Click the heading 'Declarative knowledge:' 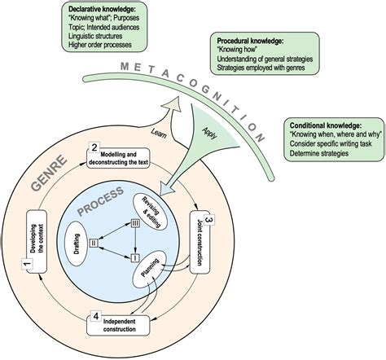click(x=102, y=9)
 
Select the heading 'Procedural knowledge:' click(x=250, y=41)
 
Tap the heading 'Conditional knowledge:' click(x=326, y=125)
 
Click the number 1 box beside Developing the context click(x=27, y=264)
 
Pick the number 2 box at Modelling click(x=94, y=148)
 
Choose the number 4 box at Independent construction click(x=95, y=316)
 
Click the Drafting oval click(x=77, y=244)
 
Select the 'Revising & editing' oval click(x=150, y=212)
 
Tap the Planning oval click(x=149, y=268)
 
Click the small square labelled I click(x=135, y=257)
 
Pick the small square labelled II click(x=94, y=243)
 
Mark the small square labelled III click(x=135, y=223)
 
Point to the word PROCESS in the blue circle click(x=101, y=201)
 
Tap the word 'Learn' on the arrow click(x=158, y=133)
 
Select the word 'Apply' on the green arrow click(x=210, y=133)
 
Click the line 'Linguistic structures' click(x=95, y=36)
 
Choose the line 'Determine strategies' click(x=319, y=153)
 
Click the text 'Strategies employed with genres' click(x=261, y=68)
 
